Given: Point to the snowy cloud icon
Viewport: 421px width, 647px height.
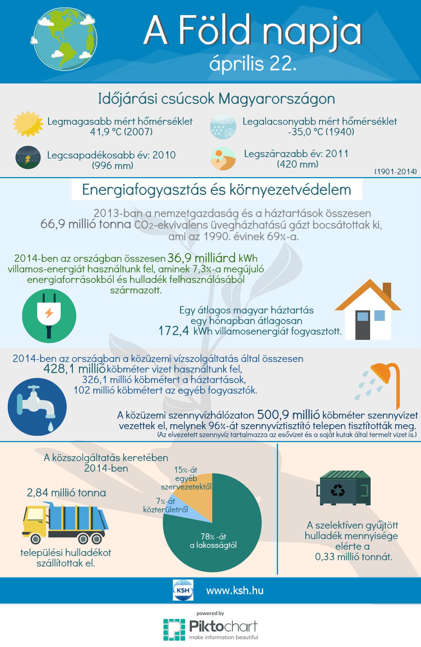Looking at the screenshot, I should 222,125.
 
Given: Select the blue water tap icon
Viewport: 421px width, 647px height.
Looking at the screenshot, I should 36,405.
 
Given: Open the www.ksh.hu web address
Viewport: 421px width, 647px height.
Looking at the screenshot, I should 235,590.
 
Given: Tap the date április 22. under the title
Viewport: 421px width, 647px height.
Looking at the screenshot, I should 252,64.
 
